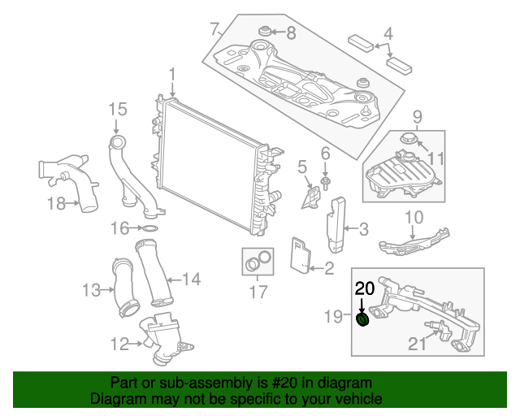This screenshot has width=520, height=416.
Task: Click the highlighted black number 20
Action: click(x=365, y=288)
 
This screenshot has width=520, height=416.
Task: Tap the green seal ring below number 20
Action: click(x=362, y=319)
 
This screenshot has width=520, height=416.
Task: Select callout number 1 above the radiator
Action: click(x=172, y=76)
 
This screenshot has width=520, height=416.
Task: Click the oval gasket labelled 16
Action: click(x=150, y=228)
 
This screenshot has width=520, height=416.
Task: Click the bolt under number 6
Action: click(x=325, y=183)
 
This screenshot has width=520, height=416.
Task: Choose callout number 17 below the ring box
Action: click(x=258, y=292)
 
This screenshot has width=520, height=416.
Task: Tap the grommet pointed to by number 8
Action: click(x=265, y=31)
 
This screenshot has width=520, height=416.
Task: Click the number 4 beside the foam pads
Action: click(x=388, y=34)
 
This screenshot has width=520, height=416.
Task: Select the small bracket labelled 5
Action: click(x=312, y=198)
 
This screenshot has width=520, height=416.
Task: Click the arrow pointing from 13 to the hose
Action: click(x=106, y=290)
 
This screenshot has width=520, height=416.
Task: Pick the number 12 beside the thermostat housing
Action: click(x=119, y=344)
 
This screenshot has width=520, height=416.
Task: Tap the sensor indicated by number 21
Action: click(x=440, y=329)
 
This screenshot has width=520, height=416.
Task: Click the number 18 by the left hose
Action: click(x=56, y=203)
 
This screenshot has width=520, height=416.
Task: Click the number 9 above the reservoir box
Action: click(x=417, y=117)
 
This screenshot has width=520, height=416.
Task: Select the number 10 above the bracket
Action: click(x=414, y=217)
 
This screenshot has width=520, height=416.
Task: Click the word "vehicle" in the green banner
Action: click(x=361, y=398)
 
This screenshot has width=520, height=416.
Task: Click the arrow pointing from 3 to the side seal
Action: click(x=351, y=228)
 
